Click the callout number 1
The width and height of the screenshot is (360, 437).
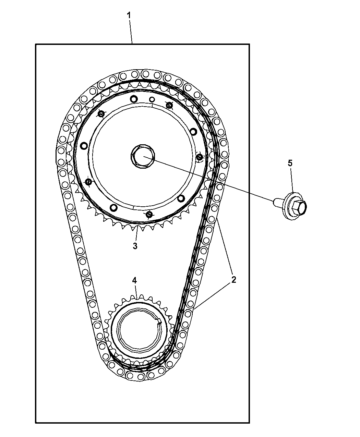pyautogui.click(x=129, y=15)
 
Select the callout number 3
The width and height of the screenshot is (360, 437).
pyautogui.click(x=135, y=246)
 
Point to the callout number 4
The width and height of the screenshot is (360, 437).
pyautogui.click(x=134, y=280)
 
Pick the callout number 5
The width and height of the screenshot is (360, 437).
pyautogui.click(x=290, y=163)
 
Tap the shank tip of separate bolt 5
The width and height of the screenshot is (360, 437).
pyautogui.click(x=275, y=202)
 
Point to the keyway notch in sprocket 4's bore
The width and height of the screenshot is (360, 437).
pyautogui.click(x=159, y=321)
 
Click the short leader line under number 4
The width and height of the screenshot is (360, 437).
pyautogui.click(x=136, y=291)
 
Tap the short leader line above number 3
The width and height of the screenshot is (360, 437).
pyautogui.click(x=136, y=233)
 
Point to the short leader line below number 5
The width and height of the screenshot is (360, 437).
pyautogui.click(x=292, y=180)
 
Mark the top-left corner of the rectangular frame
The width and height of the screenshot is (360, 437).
pyautogui.click(x=36, y=44)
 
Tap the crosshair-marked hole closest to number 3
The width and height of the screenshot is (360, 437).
pyautogui.click(x=149, y=215)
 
